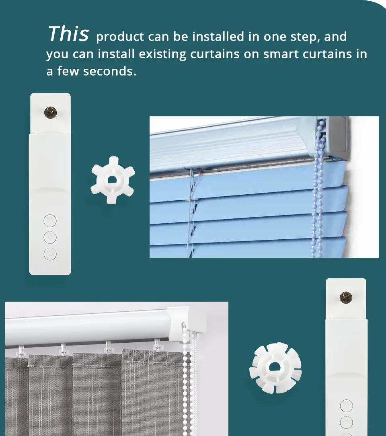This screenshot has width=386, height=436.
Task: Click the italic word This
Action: (x=68, y=34)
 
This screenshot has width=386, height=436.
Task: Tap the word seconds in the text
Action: (x=110, y=71)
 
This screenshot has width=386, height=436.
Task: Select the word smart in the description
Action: (x=280, y=54)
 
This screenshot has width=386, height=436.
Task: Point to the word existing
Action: (x=162, y=54)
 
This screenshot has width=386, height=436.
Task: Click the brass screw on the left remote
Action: (x=50, y=112)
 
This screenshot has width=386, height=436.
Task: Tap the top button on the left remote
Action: (x=50, y=221)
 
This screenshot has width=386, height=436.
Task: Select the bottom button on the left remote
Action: (x=50, y=254)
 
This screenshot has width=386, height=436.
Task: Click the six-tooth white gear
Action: (x=113, y=180)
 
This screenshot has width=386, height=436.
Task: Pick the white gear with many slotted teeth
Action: (x=275, y=368)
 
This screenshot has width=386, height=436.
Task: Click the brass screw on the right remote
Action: (x=346, y=298)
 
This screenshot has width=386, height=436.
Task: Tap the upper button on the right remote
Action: (x=346, y=406)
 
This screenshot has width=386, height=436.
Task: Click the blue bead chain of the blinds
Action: (x=318, y=189)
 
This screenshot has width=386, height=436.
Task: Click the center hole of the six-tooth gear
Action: (x=113, y=180)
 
